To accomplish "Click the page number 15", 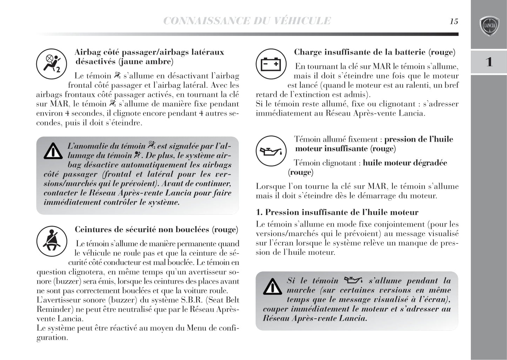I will (x=454, y=21).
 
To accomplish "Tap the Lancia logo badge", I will (x=489, y=26).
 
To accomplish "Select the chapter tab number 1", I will (x=489, y=62).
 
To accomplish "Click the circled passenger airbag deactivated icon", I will (x=52, y=64).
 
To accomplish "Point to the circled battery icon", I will (x=271, y=64).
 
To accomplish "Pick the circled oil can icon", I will (x=271, y=151).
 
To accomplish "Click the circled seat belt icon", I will (x=52, y=241).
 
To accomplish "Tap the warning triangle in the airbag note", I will (x=53, y=151).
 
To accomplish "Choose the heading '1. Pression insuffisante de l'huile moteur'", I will (x=337, y=212).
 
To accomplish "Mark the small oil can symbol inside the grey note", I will (x=353, y=280).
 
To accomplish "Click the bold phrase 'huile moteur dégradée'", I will (x=405, y=163).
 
